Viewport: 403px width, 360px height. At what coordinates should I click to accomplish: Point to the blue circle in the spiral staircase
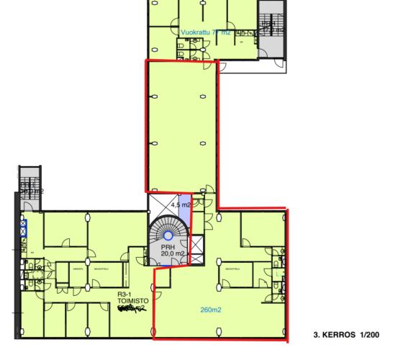(168, 235)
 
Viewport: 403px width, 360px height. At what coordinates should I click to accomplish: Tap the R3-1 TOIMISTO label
(132, 300)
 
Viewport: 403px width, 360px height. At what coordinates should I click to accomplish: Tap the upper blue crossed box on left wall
(23, 224)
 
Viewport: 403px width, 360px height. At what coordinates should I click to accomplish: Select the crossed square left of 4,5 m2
(158, 206)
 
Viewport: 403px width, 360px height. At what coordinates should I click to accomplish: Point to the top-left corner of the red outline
(147, 61)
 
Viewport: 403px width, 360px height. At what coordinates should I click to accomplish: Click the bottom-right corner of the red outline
(287, 339)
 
